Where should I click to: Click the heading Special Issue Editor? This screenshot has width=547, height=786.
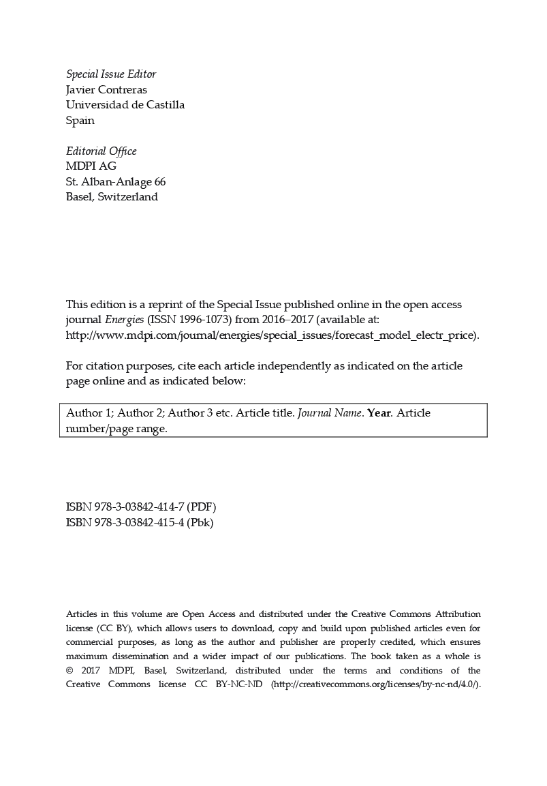point(110,74)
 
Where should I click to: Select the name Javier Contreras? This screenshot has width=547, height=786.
point(106,90)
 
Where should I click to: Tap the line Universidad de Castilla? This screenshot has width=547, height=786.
point(125,105)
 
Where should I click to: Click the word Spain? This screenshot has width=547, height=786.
point(80,121)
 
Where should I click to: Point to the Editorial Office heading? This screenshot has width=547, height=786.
point(101,151)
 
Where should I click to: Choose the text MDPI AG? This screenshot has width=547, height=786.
point(91,166)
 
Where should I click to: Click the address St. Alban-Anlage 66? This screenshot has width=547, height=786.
point(115,182)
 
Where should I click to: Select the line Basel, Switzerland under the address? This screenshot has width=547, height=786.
point(112,197)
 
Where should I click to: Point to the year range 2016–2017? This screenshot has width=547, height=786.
point(275,320)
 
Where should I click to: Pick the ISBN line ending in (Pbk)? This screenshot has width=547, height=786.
point(140,523)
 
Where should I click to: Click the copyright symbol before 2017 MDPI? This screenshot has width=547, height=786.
point(69,671)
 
